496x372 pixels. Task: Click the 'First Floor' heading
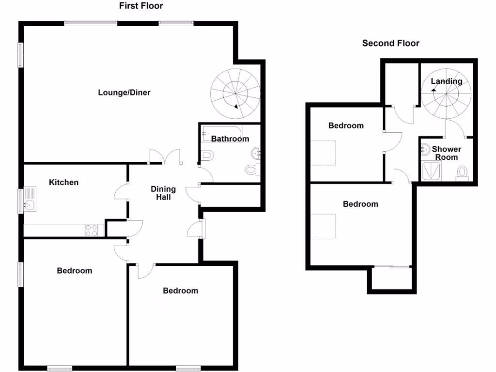pyautogui.click(x=141, y=6)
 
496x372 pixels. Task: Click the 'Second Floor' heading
pyautogui.click(x=390, y=43)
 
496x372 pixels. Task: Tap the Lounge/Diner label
pyautogui.click(x=124, y=93)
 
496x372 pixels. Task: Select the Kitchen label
pyautogui.click(x=63, y=182)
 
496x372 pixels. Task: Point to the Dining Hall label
pyautogui.click(x=163, y=193)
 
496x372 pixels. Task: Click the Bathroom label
pyautogui.click(x=230, y=139)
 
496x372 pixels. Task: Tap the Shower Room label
pyautogui.click(x=446, y=153)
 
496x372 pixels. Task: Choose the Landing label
pyautogui.click(x=446, y=81)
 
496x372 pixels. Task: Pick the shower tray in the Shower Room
pyautogui.click(x=432, y=171)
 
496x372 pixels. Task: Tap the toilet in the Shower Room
pyautogui.click(x=463, y=172)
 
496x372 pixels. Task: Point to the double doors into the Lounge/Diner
pyautogui.click(x=165, y=156)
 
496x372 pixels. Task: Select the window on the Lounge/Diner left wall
pyautogui.click(x=21, y=55)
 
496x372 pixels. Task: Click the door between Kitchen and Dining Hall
pyautogui.click(x=121, y=192)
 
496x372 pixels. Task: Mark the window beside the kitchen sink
pyautogui.click(x=21, y=201)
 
